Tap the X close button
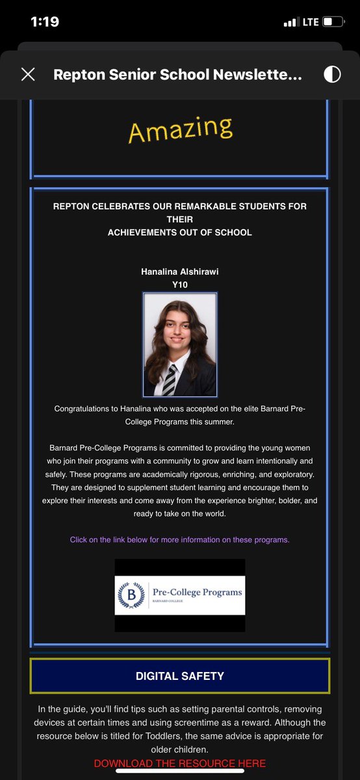(x=28, y=74)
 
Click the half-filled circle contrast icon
(x=332, y=74)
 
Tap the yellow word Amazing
(x=180, y=129)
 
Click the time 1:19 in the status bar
(x=45, y=21)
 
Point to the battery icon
(x=334, y=22)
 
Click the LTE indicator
(x=310, y=22)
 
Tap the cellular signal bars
(x=290, y=23)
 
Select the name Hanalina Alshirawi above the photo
(x=180, y=271)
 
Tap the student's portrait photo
(x=180, y=344)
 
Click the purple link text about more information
(x=180, y=539)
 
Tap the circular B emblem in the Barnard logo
(x=130, y=595)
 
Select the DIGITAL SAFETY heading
(x=180, y=676)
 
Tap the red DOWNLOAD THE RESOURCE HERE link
(x=180, y=763)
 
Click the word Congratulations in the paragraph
(x=84, y=409)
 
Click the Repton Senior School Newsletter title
(x=177, y=75)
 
